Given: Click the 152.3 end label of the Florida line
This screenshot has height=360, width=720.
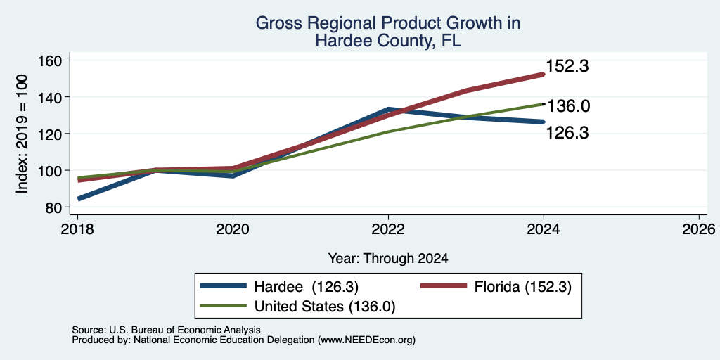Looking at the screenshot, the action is click(567, 67).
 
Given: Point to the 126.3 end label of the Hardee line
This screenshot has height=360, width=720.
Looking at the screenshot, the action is click(567, 133).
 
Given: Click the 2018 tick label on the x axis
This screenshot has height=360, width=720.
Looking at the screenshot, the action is click(77, 229).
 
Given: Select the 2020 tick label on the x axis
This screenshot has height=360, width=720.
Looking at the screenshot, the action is click(233, 229).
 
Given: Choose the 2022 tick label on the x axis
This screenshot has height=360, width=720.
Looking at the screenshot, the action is click(388, 229).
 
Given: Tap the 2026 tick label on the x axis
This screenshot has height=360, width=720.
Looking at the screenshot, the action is click(700, 229).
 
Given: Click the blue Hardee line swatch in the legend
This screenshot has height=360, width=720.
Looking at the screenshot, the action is click(223, 287).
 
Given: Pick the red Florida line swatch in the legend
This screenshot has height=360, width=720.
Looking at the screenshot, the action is click(444, 287).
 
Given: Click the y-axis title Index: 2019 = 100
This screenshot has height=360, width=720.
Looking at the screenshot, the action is click(22, 134).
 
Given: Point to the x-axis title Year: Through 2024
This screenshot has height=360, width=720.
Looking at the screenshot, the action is click(388, 259).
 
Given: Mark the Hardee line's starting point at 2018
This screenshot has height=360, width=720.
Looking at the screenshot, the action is click(79, 199).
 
